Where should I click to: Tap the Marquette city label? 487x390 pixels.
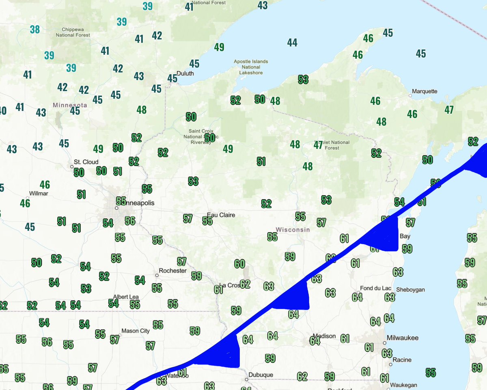tap(425, 91)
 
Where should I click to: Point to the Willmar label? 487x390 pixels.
tap(39, 194)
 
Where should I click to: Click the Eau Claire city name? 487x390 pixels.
tap(221, 215)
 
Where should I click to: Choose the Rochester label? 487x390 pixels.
tap(173, 271)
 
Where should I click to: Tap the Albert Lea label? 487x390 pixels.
tap(126, 297)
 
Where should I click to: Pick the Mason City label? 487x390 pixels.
tap(136, 331)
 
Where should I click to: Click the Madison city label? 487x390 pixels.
tap(324, 336)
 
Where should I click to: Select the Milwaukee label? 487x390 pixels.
tap(403, 338)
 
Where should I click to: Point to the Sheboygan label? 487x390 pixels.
tap(410, 289)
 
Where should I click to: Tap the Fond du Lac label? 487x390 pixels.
tap(376, 288)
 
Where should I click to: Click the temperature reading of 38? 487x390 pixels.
tap(35, 29)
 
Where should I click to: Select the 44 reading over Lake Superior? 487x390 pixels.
tap(292, 42)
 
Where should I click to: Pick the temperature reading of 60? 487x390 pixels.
tap(239, 264)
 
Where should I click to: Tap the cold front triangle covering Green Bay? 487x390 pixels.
tap(384, 237)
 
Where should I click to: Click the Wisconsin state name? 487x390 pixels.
tap(293, 230)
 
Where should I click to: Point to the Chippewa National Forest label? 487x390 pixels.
tap(73, 32)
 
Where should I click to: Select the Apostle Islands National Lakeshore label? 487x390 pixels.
tap(251, 67)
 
